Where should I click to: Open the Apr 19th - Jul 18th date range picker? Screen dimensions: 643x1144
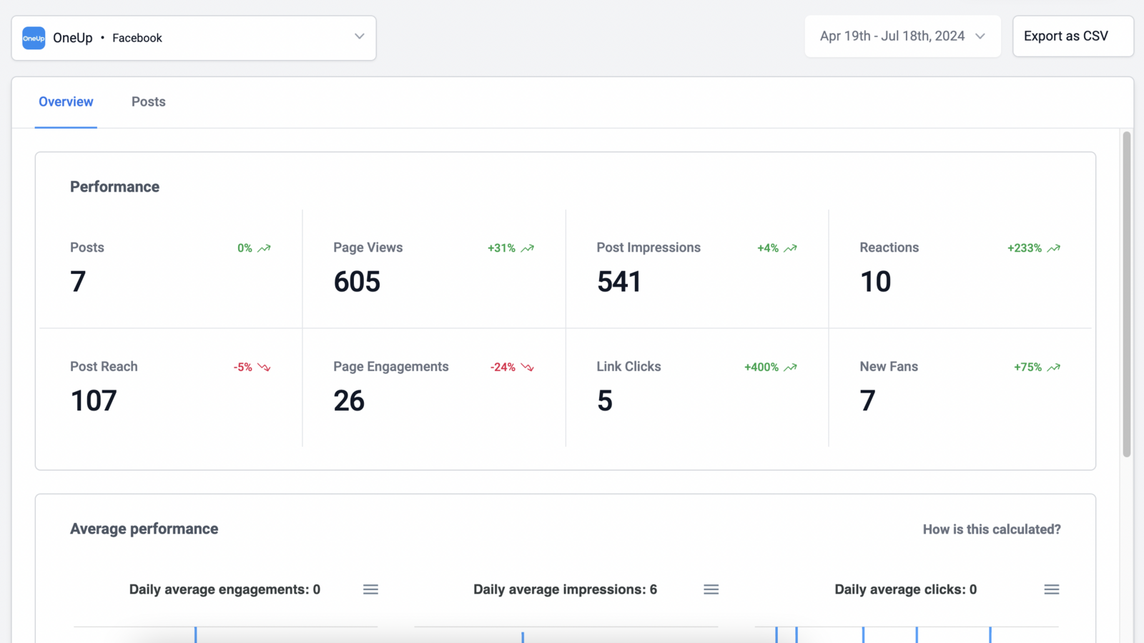pyautogui.click(x=902, y=36)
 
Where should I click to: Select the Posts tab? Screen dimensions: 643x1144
pyautogui.click(x=148, y=102)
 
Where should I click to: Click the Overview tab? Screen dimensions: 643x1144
pyautogui.click(x=66, y=102)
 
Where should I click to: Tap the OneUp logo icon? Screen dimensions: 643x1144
pyautogui.click(x=34, y=38)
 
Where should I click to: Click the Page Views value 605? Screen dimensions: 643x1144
pyautogui.click(x=357, y=282)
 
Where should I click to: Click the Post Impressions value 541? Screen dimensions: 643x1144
pyautogui.click(x=619, y=282)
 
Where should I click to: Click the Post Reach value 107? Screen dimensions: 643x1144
pyautogui.click(x=94, y=401)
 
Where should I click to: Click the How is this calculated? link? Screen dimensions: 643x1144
pyautogui.click(x=991, y=529)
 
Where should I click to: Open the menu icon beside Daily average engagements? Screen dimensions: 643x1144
pyautogui.click(x=370, y=589)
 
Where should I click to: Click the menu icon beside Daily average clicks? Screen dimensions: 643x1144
pyautogui.click(x=1051, y=589)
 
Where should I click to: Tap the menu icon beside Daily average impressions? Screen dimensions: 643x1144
pyautogui.click(x=711, y=589)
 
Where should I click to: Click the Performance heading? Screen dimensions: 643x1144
pyautogui.click(x=114, y=187)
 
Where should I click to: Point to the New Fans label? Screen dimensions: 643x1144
pyautogui.click(x=888, y=366)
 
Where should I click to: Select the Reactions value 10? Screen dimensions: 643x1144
pyautogui.click(x=875, y=282)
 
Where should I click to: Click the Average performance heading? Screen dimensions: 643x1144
pyautogui.click(x=144, y=529)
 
